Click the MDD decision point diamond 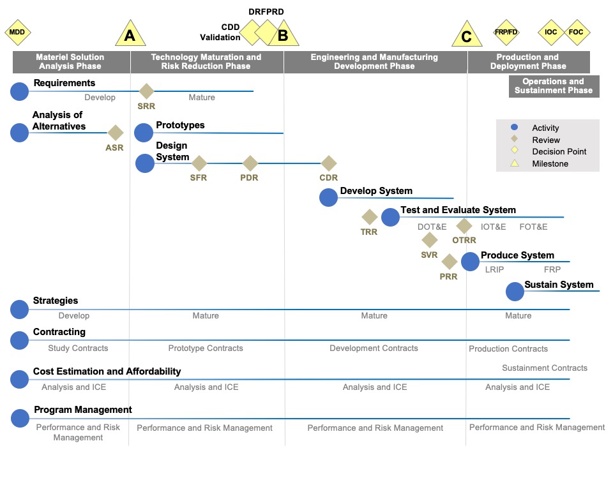point(17,32)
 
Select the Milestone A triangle point(130,34)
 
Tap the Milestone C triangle point(466,35)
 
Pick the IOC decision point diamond point(550,32)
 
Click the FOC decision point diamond point(576,32)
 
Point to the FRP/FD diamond point(506,32)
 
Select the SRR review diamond point(146,91)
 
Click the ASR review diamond point(115,133)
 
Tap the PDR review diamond point(250,163)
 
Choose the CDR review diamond point(328,163)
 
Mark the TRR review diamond point(369,218)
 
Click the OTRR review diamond point(464,226)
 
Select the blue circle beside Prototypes point(144,133)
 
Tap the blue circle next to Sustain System point(515,292)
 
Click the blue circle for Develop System point(328,197)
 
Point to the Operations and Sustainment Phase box point(554,86)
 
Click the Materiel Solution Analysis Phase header point(71,61)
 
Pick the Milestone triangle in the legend point(514,163)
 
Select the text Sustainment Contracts point(545,368)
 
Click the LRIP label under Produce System point(495,270)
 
